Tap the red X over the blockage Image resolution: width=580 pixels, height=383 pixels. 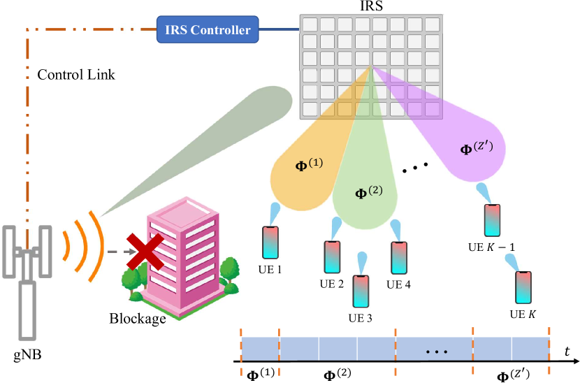145,251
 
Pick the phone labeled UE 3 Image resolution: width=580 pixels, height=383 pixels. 361,293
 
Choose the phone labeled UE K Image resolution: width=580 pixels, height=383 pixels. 524,287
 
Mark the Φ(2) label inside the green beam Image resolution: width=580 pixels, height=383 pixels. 369,191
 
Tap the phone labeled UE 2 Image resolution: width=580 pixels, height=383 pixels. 331,258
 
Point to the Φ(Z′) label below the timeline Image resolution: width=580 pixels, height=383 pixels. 512,375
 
